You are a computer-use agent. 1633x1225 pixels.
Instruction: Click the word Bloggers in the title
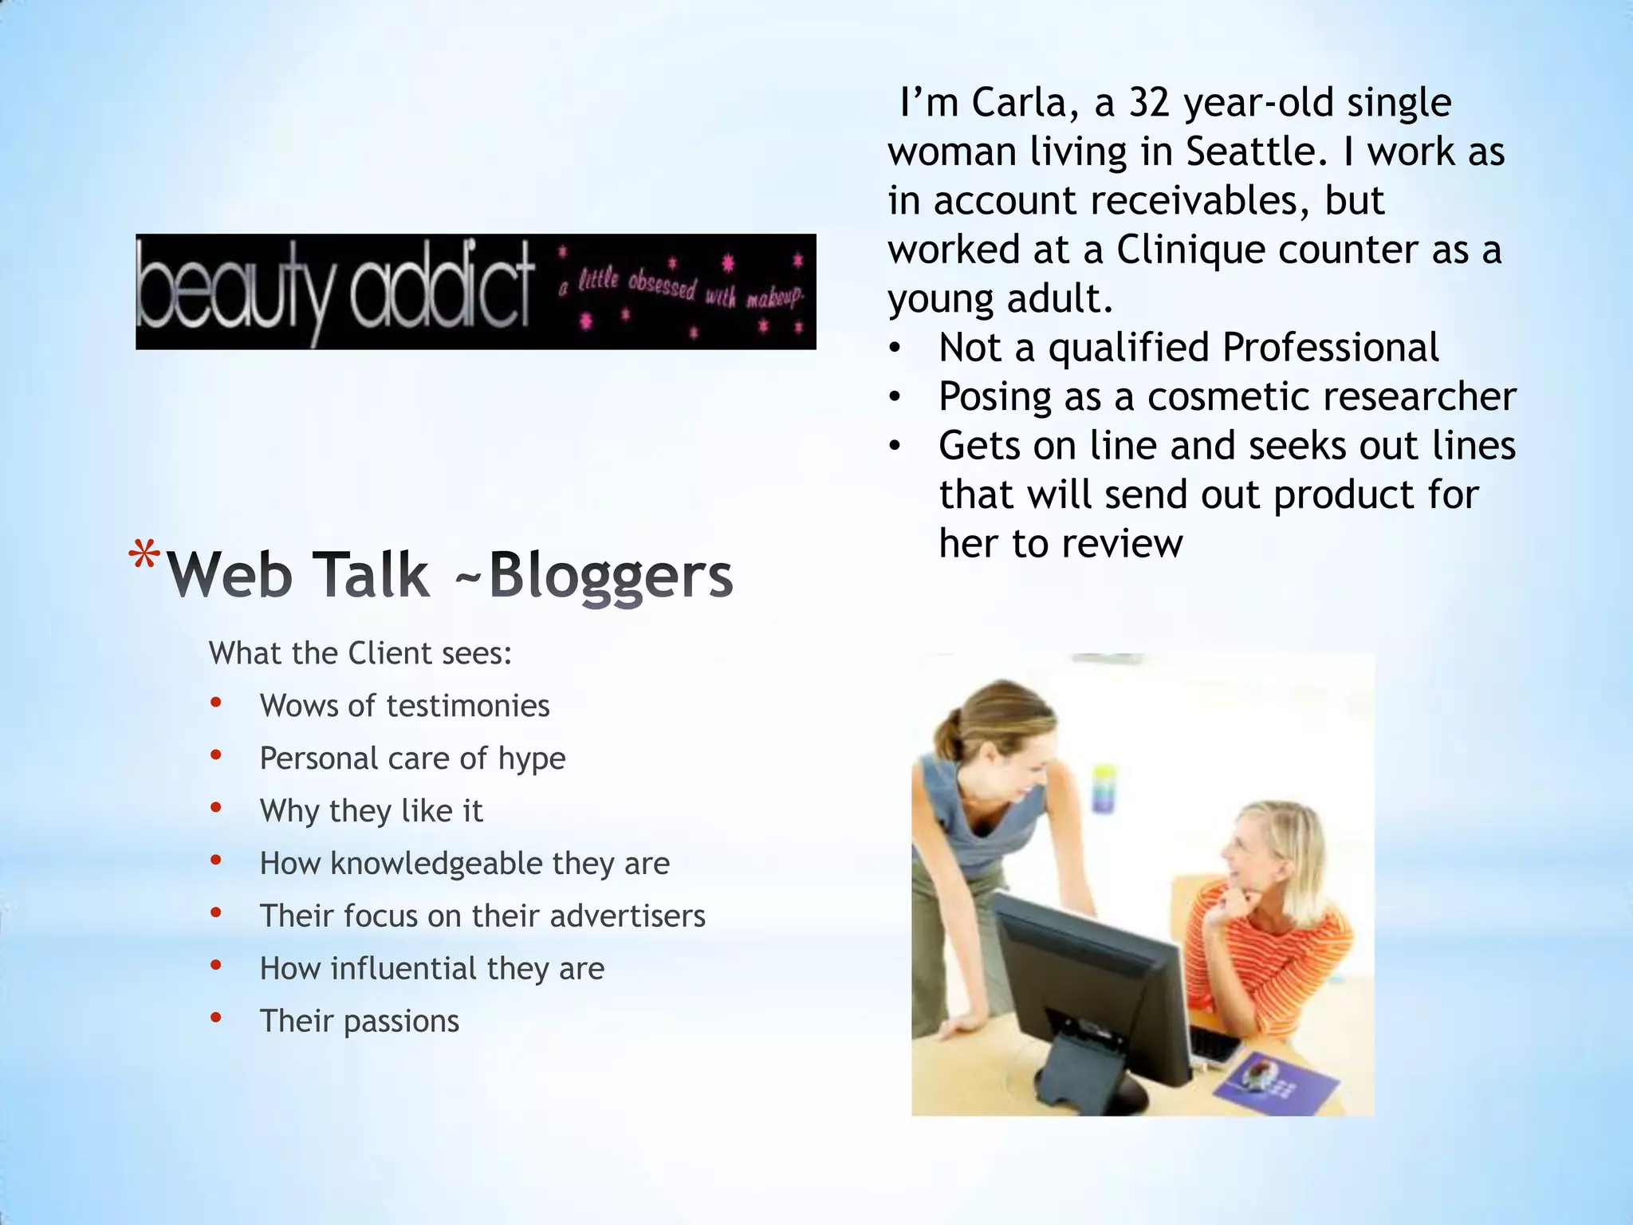click(x=610, y=576)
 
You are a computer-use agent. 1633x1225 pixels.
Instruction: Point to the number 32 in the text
click(x=1150, y=103)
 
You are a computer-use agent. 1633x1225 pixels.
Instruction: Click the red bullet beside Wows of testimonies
click(x=215, y=703)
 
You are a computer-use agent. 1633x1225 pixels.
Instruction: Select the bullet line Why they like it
click(x=371, y=811)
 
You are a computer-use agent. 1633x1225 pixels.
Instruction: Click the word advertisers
click(x=628, y=916)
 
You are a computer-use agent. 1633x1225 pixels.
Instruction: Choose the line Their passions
click(x=359, y=1022)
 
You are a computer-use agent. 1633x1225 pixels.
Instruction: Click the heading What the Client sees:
click(x=360, y=654)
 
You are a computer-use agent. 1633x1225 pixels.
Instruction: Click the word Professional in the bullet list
click(x=1330, y=348)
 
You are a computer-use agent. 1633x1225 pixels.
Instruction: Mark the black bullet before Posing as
click(x=895, y=397)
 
